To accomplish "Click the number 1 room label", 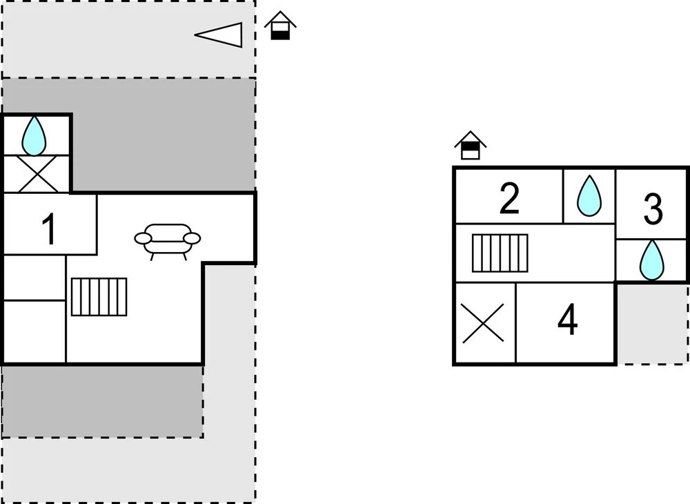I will [49, 230].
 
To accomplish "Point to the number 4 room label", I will [567, 321].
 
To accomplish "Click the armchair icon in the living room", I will [168, 240].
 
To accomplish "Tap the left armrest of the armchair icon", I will [143, 238].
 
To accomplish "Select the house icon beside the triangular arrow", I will [280, 26].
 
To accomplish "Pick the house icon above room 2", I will [471, 146].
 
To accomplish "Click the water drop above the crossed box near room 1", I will [34, 136].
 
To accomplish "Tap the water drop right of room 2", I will [589, 195].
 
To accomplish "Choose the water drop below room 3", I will [651, 260].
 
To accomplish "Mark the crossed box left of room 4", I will [484, 323].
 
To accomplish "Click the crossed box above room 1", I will [37, 174].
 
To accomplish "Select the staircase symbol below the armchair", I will [99, 296].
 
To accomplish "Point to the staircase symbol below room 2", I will [500, 253].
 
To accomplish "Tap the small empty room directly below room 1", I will [34, 277].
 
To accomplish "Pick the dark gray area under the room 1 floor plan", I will [102, 400].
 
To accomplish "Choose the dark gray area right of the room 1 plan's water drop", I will [163, 135].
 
